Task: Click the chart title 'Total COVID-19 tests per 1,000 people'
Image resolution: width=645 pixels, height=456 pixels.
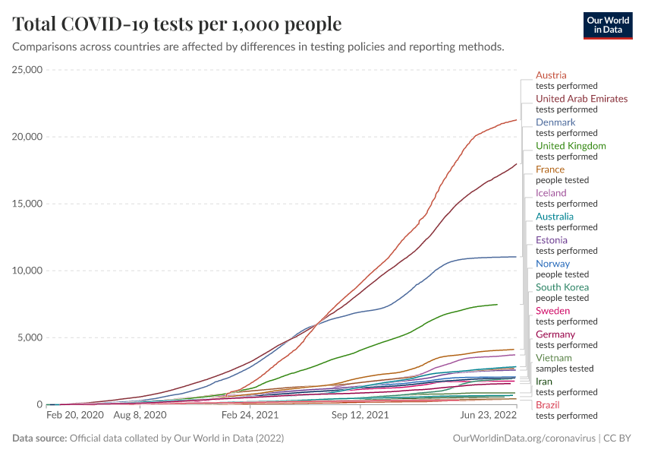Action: tap(177, 24)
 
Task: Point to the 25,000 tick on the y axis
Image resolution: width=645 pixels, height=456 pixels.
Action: tap(26, 70)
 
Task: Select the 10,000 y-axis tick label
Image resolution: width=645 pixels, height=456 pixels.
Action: tap(26, 271)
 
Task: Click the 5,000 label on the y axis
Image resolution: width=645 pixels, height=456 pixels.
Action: tap(29, 337)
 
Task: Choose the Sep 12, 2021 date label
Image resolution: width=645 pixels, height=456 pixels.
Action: tap(361, 416)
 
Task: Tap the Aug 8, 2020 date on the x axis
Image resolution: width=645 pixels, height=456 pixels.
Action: tap(139, 416)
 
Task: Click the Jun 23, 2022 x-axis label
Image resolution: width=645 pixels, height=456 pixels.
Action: tap(488, 416)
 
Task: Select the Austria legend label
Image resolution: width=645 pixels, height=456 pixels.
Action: tap(551, 75)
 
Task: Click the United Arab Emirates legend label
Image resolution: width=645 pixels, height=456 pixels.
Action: tap(581, 99)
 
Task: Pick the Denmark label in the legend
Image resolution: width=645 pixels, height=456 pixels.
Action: tap(555, 122)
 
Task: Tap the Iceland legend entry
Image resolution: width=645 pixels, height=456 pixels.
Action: tap(551, 193)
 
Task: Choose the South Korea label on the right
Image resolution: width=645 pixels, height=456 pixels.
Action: tap(562, 287)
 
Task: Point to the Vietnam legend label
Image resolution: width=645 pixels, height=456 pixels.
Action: tap(553, 358)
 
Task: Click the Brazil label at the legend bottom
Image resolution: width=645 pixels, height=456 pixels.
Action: tap(547, 405)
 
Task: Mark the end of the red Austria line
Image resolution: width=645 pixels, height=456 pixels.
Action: tap(516, 120)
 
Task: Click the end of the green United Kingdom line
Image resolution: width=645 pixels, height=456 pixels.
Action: tap(497, 305)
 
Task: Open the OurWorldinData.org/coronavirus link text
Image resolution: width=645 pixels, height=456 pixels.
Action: tap(523, 439)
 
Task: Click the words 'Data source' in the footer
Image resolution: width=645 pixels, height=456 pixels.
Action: tap(39, 439)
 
